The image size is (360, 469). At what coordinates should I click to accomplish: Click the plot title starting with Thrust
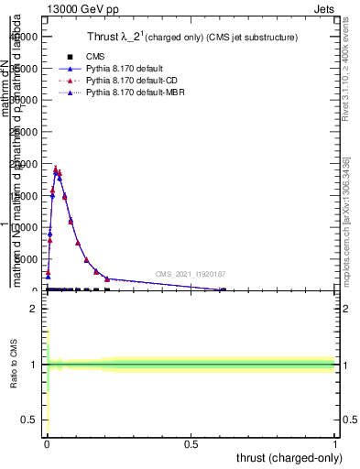click(198, 37)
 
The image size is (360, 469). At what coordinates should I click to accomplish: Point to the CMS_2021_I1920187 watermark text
click(191, 273)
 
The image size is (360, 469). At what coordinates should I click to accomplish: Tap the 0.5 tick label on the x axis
click(191, 443)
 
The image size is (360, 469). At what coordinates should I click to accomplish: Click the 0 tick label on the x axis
click(47, 443)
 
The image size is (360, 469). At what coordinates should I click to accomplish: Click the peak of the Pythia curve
click(56, 169)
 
